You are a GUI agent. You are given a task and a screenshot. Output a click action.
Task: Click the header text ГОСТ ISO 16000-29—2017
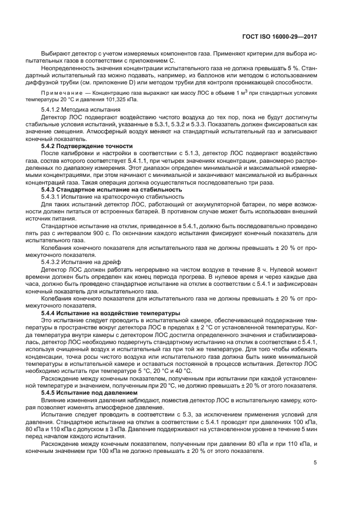click(279, 36)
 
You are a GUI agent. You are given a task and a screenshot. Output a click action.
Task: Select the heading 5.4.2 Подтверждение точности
click(87, 146)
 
